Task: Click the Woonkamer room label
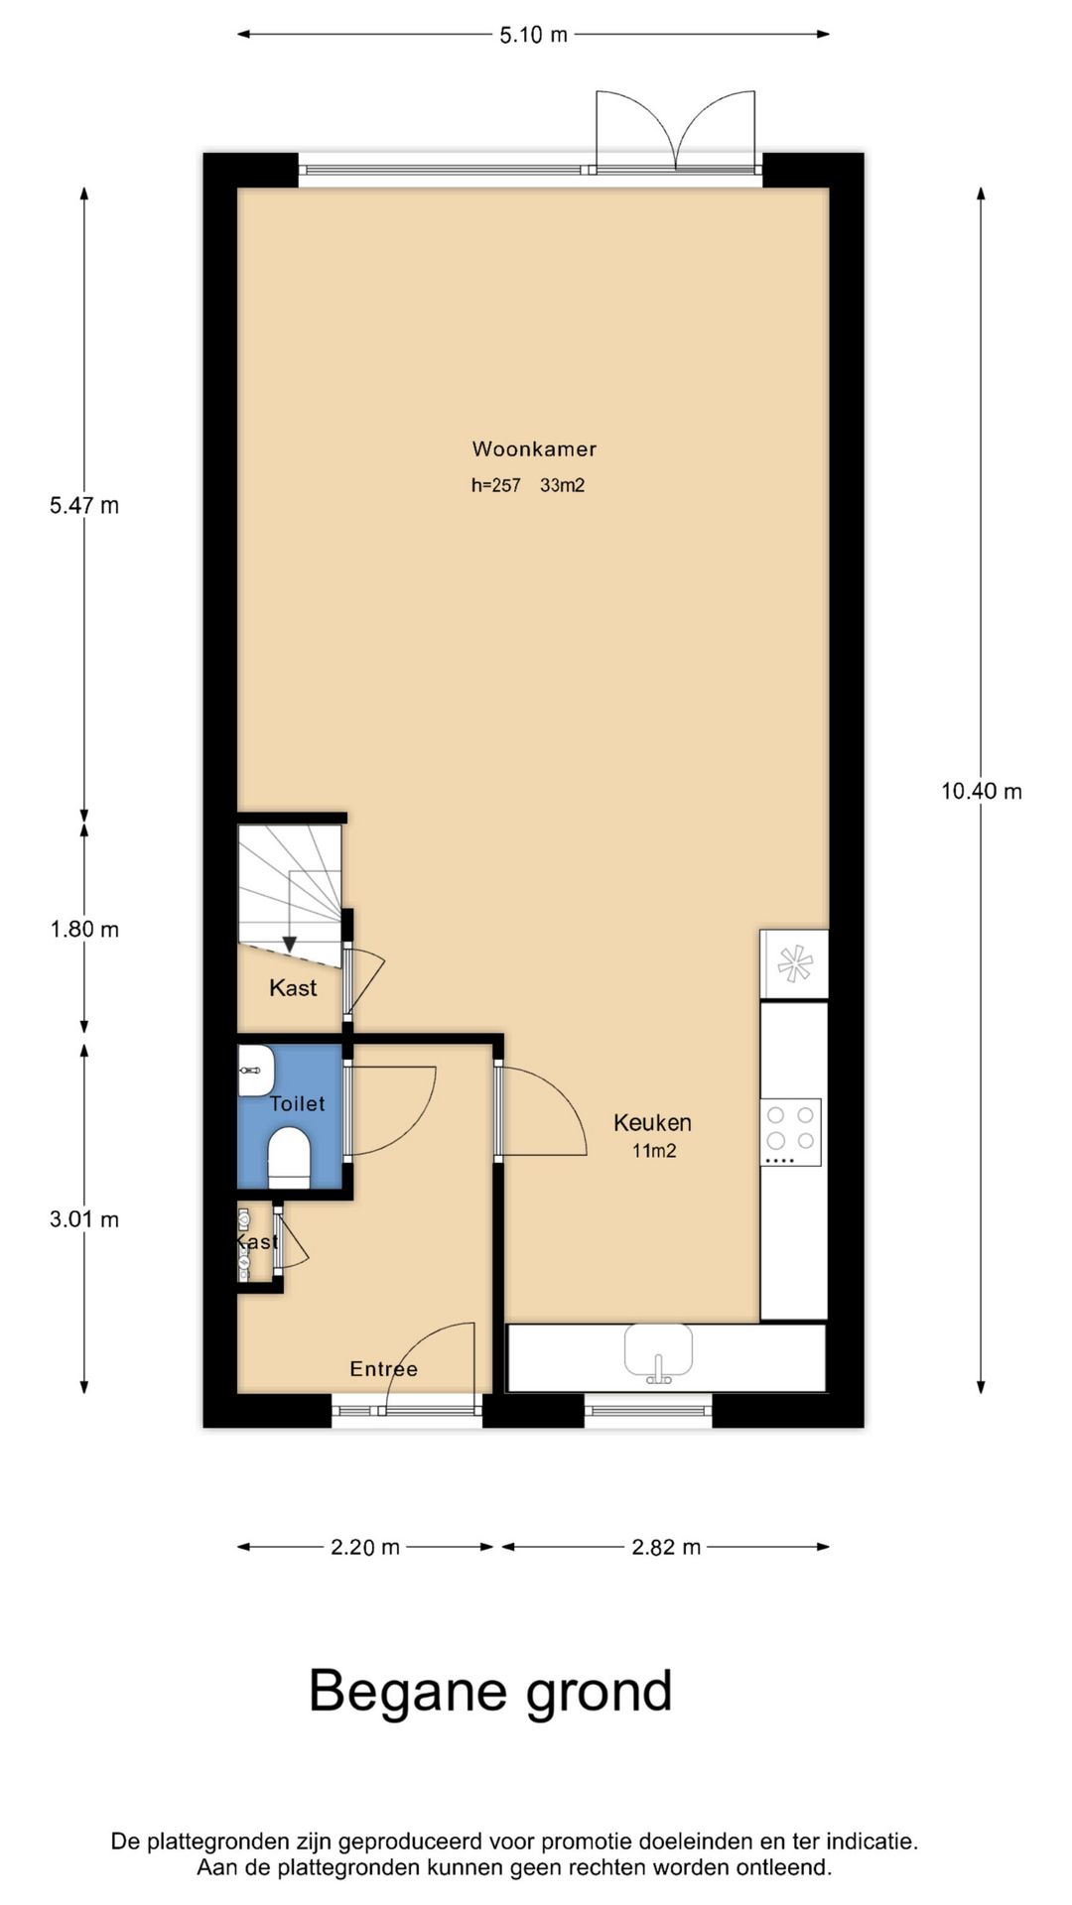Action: coord(534,448)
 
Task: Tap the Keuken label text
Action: coord(652,1122)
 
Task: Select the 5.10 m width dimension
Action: coord(534,35)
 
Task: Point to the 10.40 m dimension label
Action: coord(982,791)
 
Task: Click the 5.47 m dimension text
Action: coord(84,505)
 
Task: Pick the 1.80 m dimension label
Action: coord(84,929)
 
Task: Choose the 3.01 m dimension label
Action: coord(84,1219)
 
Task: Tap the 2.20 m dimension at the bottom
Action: coord(365,1547)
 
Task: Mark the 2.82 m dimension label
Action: coord(666,1547)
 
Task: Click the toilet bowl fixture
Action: coord(290,1156)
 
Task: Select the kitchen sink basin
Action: coord(658,1349)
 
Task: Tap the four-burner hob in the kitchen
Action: coord(791,1132)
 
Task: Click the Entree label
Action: coord(383,1369)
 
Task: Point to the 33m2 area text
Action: coord(562,485)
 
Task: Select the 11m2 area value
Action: coord(654,1151)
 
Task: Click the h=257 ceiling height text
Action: coord(495,485)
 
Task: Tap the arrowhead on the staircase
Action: coord(289,945)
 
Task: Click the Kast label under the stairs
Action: coord(293,988)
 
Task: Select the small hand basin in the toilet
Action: coord(255,1071)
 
